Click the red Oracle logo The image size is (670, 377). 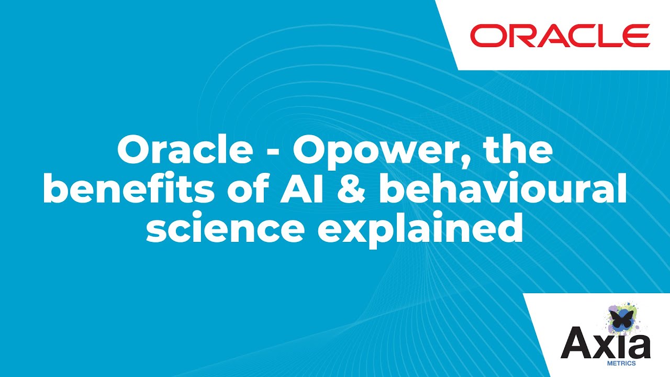[560, 36]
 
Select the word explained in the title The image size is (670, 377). [421, 231]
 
